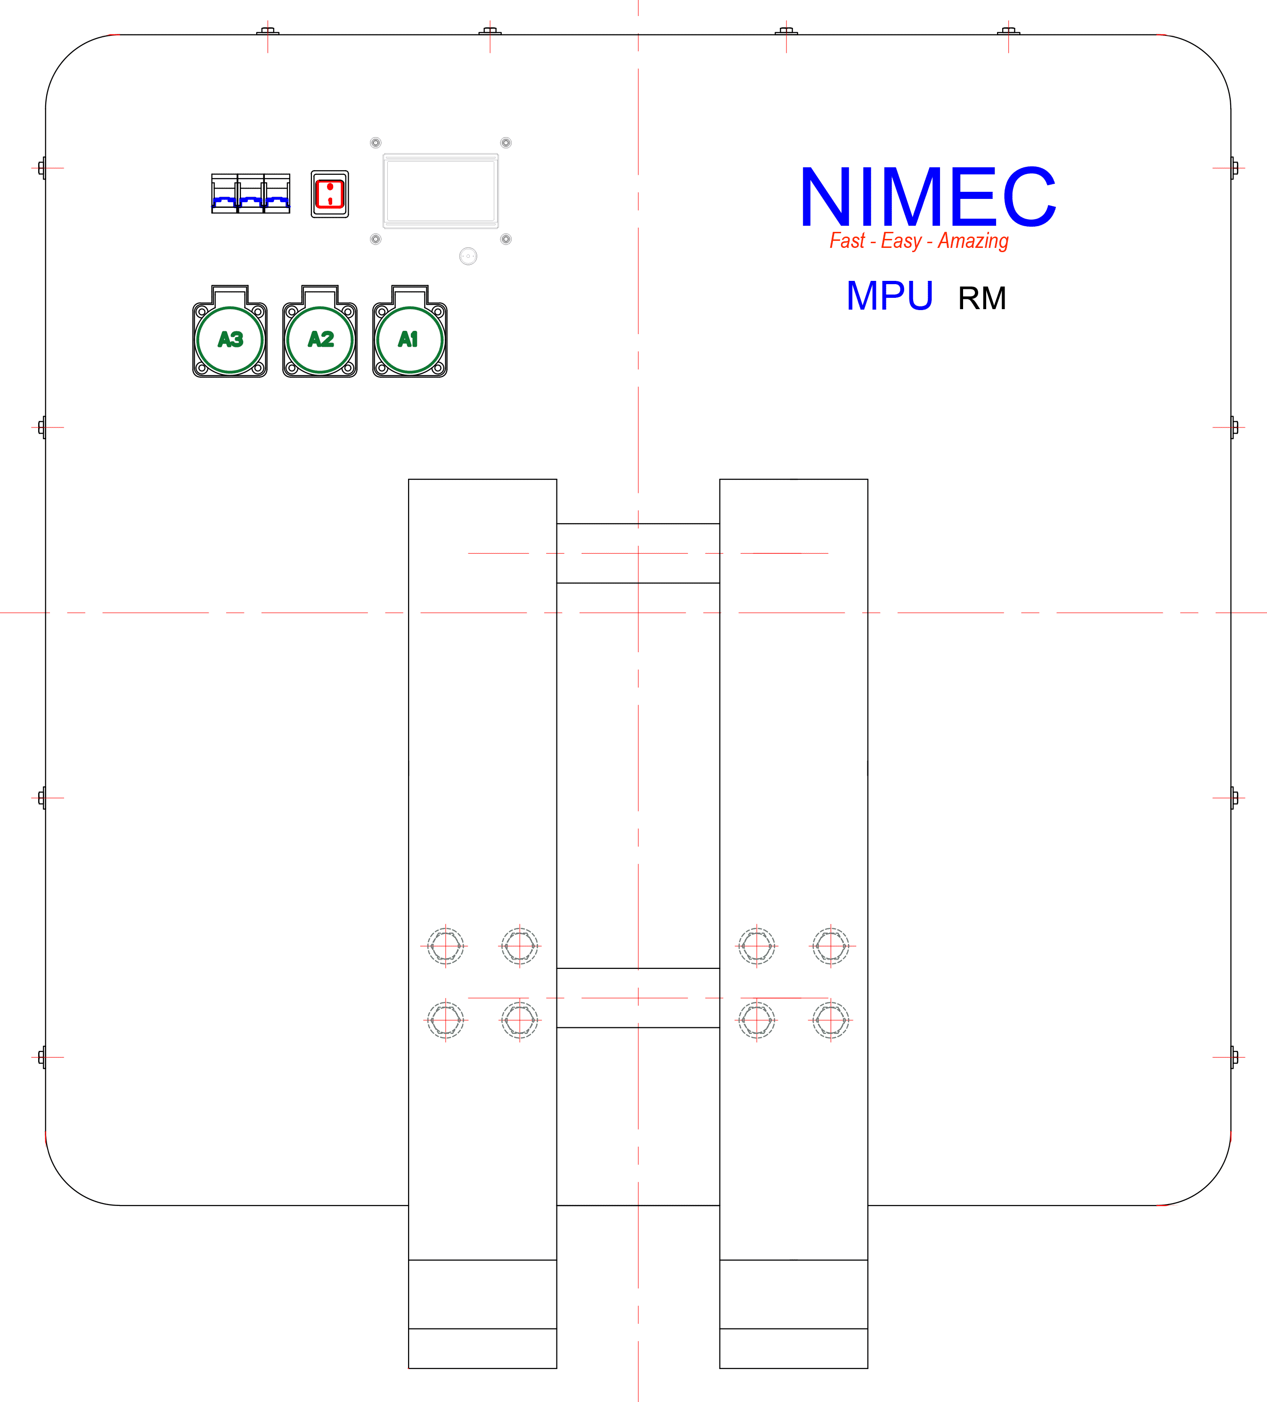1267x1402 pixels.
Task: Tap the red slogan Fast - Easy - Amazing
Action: pos(919,241)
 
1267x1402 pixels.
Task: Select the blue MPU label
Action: pos(890,296)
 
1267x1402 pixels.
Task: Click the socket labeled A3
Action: pos(230,339)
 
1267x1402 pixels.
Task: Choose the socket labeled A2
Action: pos(320,339)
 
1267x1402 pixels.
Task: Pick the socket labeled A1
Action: pos(409,339)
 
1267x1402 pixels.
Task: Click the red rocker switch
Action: pos(330,194)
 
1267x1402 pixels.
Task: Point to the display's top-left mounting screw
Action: pos(376,143)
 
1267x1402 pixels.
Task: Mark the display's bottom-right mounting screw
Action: pos(506,239)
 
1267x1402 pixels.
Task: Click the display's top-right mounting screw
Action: pos(506,143)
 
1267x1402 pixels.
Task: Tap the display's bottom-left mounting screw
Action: pos(376,239)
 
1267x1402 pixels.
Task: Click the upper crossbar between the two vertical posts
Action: pos(638,554)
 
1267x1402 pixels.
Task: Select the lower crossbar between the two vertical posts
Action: pos(638,998)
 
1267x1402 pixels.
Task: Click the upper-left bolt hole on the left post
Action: pos(446,946)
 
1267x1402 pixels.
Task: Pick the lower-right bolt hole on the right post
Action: pos(830,1020)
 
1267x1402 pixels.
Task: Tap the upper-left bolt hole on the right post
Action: pos(757,946)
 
